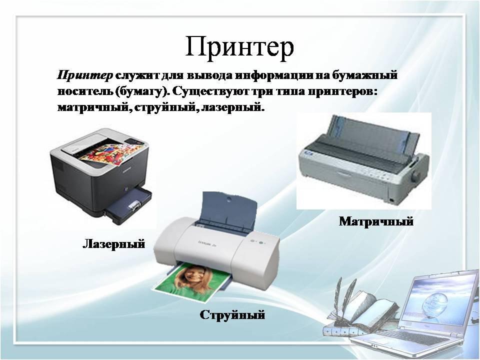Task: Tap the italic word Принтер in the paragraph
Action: (x=85, y=75)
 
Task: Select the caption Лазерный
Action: (x=114, y=244)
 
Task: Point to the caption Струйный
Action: (x=232, y=314)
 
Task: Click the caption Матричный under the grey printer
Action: (x=376, y=221)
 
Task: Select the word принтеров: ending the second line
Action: (x=342, y=92)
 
